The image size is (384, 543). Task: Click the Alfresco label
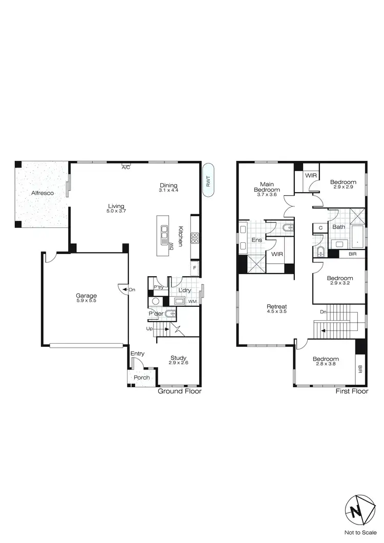(42, 193)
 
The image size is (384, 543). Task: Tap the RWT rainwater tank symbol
(208, 180)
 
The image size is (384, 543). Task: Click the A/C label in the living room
(125, 168)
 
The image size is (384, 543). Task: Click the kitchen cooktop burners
(195, 238)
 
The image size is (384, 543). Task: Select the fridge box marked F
(195, 267)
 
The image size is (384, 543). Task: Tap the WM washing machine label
(193, 302)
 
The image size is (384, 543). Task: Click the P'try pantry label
(158, 287)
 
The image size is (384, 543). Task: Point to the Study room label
(179, 358)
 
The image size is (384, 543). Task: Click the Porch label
(142, 378)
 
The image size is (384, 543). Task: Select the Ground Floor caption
(179, 391)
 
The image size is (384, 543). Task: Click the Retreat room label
(277, 307)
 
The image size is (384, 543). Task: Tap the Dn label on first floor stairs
(323, 311)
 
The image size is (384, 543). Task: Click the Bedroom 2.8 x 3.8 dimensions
(326, 365)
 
